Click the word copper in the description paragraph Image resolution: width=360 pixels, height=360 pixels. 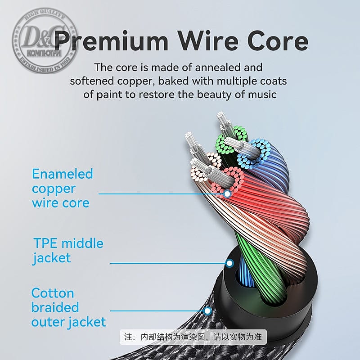135,81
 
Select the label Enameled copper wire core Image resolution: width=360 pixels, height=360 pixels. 62,188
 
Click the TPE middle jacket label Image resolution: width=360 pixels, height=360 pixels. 68,251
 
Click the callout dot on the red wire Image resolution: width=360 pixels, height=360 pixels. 227,193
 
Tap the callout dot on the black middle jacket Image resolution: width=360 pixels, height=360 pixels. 229,263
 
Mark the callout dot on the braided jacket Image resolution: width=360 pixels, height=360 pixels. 207,310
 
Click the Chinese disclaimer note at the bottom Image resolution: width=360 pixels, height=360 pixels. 194,337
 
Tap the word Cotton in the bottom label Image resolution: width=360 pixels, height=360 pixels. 53,293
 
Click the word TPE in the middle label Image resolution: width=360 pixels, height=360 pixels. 45,243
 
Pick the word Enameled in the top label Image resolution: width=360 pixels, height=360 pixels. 62,174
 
